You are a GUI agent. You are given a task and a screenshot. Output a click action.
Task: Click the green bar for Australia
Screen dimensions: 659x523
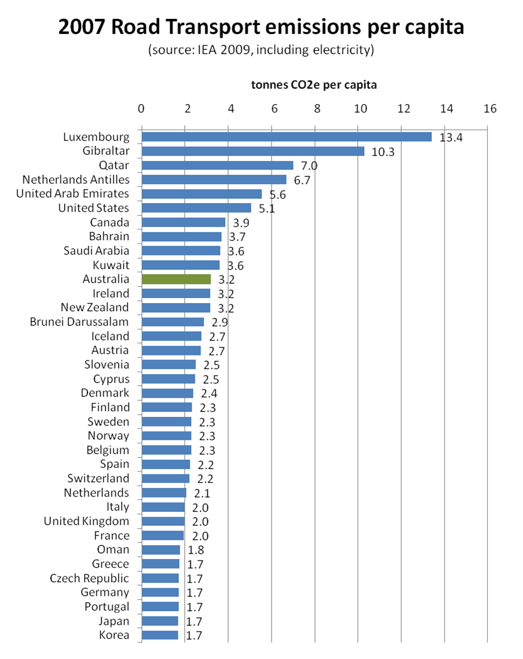point(176,279)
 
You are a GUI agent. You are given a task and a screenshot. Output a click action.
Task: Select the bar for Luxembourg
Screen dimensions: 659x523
point(287,137)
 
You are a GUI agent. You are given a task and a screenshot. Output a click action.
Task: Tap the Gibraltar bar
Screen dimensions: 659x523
point(253,151)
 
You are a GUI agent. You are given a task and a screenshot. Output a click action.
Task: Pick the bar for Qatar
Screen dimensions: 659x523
point(217,165)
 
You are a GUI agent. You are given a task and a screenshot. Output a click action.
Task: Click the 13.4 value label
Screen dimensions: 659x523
point(451,138)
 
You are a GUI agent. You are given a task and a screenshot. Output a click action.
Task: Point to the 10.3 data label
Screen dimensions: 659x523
point(382,152)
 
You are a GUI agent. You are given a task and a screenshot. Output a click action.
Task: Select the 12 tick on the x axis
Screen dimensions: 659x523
point(403,108)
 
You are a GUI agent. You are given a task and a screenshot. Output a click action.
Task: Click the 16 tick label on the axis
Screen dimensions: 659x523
point(490,108)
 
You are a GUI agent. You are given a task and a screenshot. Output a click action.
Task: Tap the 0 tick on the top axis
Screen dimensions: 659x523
point(141,108)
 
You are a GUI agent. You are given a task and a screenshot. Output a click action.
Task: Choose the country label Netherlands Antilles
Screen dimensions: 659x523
point(75,180)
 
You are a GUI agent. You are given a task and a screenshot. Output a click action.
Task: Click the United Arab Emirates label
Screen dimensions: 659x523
point(72,194)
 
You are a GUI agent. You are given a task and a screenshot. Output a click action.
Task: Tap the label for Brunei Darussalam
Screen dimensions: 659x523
point(79,322)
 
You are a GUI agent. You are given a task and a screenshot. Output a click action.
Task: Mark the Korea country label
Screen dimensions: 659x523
point(114,635)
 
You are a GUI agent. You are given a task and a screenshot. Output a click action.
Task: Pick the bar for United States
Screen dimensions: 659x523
point(196,208)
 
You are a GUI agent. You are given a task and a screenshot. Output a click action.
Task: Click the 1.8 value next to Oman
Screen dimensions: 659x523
point(197,550)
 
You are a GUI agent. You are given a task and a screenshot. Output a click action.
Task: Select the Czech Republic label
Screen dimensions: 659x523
point(89,579)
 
